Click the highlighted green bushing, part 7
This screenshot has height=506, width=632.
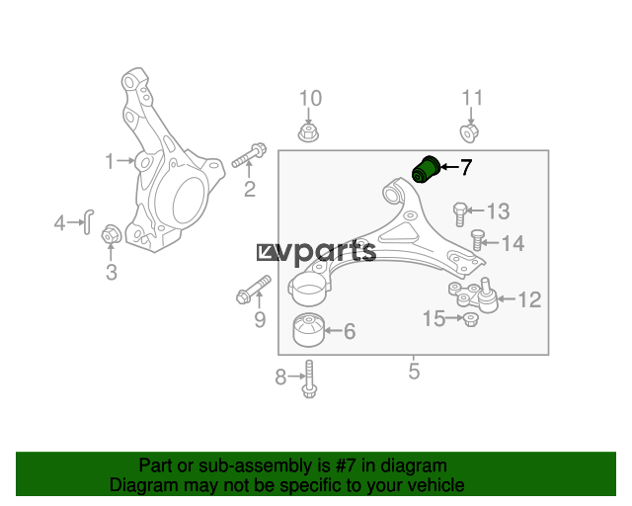[426, 169]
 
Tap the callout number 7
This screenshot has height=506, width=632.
[465, 167]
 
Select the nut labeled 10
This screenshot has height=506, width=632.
[308, 132]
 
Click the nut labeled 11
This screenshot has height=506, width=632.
[469, 132]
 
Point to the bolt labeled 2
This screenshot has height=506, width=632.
[249, 155]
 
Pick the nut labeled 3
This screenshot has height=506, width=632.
[111, 234]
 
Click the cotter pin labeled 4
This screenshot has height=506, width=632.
[88, 221]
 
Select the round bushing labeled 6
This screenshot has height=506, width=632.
[309, 330]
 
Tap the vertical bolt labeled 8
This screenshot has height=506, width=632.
[309, 379]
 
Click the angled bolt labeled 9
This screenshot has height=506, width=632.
[254, 290]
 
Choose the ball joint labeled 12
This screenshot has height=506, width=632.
[474, 295]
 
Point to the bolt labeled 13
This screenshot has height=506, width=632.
[460, 213]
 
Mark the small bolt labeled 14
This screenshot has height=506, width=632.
[477, 240]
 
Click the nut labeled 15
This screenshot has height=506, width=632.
[470, 319]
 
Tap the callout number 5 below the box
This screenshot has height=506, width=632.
[414, 371]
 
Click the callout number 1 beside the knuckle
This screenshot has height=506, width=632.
[110, 161]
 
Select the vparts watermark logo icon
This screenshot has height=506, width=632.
[268, 253]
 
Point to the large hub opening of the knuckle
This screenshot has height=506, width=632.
[190, 201]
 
